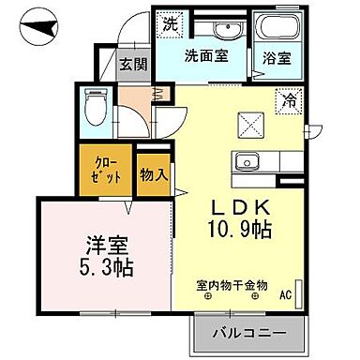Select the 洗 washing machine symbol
pos(170,22)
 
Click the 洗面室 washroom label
pos(205,55)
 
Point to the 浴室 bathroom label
pos(276,55)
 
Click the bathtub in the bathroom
pos(277,26)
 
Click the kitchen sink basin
pos(245,159)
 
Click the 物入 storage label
pos(156,174)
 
